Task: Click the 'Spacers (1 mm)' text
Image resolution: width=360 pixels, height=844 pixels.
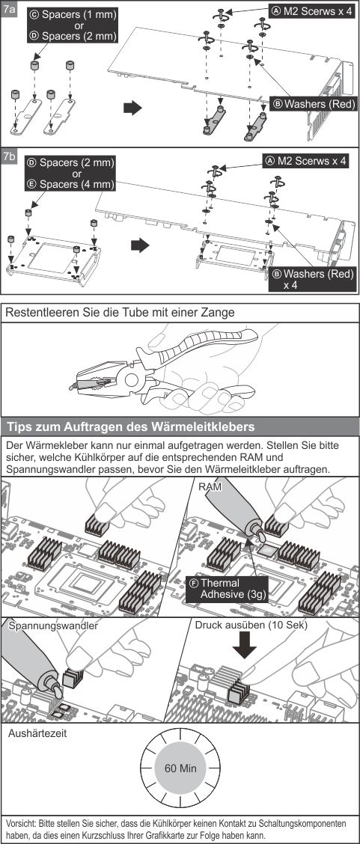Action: point(72,15)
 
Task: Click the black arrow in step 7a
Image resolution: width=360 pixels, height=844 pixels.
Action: point(132,108)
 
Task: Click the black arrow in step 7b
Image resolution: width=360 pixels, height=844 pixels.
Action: point(140,245)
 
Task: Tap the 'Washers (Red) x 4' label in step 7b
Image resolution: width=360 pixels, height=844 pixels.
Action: point(313,279)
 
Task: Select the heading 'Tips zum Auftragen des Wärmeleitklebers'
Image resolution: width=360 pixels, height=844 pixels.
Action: point(131,427)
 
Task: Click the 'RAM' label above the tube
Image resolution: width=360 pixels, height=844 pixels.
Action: point(210,486)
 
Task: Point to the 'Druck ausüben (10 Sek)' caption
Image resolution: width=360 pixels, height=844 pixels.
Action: point(251,626)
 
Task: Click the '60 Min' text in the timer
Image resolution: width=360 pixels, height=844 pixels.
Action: point(180,768)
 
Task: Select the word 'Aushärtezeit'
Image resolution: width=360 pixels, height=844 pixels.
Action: point(37,733)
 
